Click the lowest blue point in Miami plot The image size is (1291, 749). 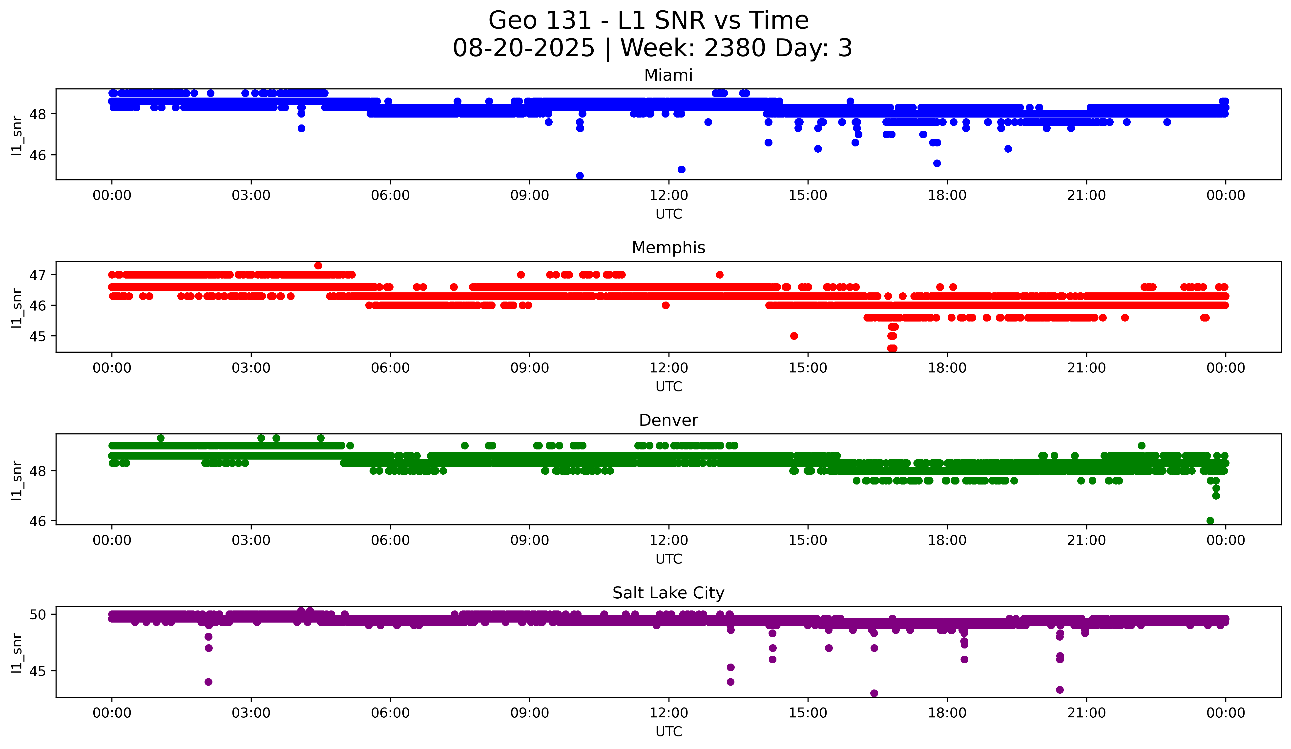(579, 176)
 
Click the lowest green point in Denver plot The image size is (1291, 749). (1210, 521)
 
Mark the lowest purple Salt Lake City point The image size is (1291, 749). (874, 693)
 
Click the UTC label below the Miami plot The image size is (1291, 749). (668, 214)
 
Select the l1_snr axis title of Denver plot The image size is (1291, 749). (17, 480)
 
